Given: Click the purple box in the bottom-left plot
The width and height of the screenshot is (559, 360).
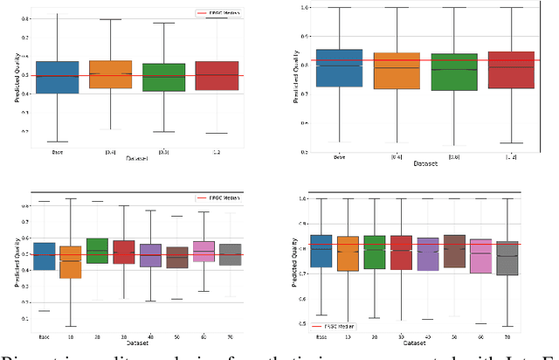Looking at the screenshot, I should click(150, 255).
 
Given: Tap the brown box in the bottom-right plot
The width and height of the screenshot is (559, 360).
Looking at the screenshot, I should click(454, 251).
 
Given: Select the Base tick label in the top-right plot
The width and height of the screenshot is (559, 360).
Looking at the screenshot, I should click(338, 157).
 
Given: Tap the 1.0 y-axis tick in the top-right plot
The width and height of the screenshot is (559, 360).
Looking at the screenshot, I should click(304, 7).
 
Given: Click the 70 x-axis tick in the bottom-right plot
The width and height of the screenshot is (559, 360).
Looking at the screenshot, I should click(507, 336).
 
